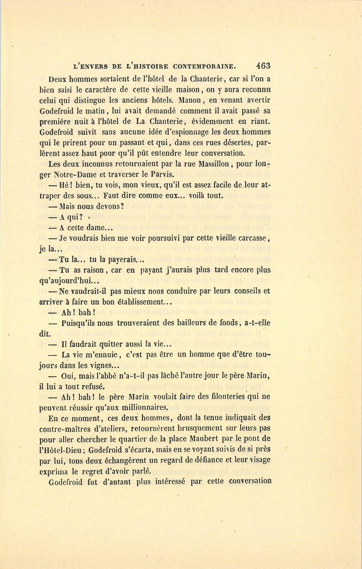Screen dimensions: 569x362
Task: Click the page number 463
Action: pos(262,66)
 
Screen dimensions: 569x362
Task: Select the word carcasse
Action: pos(250,238)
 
